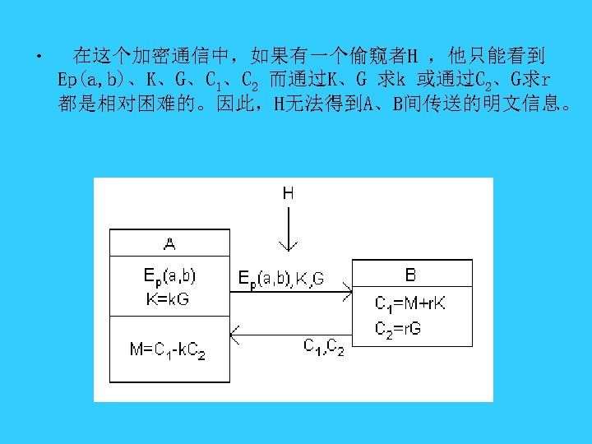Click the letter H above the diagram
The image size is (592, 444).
(x=289, y=194)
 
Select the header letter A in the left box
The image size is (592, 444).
(x=169, y=243)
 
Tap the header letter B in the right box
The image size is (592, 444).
(x=411, y=273)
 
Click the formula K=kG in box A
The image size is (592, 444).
(x=168, y=299)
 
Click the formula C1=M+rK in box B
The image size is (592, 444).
(x=410, y=303)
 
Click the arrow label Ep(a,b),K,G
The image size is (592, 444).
(x=281, y=280)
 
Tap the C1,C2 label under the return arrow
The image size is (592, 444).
(x=324, y=346)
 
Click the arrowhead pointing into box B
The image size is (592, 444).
(x=348, y=290)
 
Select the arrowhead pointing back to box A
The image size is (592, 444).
(x=234, y=334)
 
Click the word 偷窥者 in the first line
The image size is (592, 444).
(x=380, y=57)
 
